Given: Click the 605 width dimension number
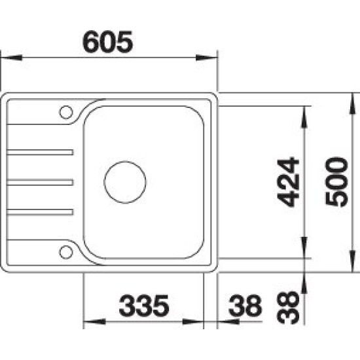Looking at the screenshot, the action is pos(108,42).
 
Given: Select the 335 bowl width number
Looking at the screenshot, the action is pos(144,306).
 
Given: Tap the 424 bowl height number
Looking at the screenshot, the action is pos(288,182).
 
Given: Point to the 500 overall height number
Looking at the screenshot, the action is pos(337,182).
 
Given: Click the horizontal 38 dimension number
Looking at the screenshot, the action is pos(245,306).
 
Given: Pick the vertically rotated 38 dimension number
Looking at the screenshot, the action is pos(288,308).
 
